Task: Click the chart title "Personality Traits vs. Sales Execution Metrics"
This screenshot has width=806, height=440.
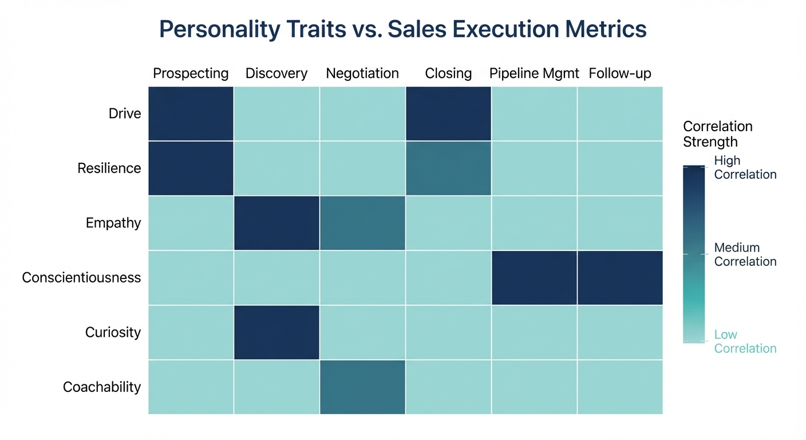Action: (402, 29)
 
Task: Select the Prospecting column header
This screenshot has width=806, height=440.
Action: (191, 74)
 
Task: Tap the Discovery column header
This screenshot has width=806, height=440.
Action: (276, 74)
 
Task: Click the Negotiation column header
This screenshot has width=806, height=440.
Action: (362, 74)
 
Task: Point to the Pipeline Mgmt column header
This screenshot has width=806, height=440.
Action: (534, 74)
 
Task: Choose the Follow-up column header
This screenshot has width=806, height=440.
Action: (620, 74)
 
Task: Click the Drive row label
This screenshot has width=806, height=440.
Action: (125, 113)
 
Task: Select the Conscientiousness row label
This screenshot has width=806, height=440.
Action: (81, 278)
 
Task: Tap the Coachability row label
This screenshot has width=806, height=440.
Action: (102, 387)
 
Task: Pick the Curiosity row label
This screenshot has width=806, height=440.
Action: (113, 333)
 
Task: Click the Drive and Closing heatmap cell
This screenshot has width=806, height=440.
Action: (448, 113)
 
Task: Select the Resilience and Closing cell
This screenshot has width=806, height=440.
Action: (448, 168)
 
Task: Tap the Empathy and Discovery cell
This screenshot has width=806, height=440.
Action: (276, 223)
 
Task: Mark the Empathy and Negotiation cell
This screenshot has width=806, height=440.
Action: (362, 223)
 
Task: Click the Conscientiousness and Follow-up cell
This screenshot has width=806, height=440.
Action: (620, 278)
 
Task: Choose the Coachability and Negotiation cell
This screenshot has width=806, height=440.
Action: (362, 387)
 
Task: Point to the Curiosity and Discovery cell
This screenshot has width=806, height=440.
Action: (276, 333)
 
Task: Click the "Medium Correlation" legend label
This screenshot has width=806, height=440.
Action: (745, 255)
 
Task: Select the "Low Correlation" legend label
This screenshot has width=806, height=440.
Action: (745, 342)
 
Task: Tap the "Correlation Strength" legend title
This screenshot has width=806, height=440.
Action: (718, 134)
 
